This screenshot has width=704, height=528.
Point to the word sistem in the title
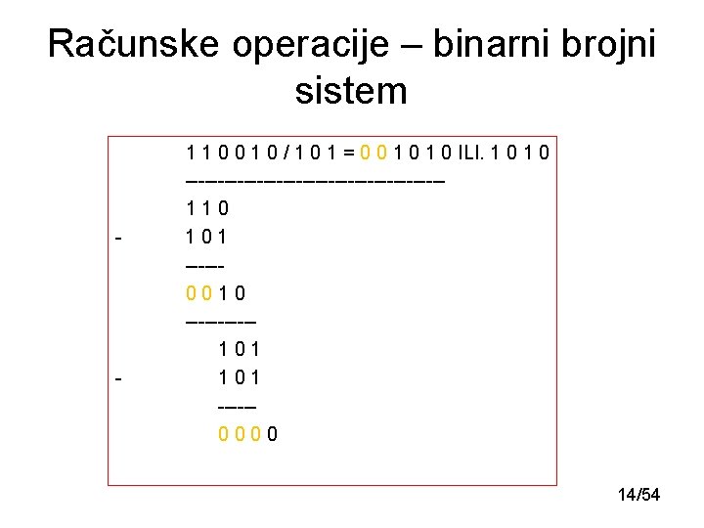350,91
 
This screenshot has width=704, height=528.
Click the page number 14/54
638,496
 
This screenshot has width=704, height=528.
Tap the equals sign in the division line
346,152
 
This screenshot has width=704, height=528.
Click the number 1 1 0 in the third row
206,208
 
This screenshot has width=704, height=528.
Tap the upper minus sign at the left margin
117,237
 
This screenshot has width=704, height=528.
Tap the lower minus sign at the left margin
117,376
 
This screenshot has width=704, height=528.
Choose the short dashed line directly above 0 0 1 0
203,265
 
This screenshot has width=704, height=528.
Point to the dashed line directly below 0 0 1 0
220,321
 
